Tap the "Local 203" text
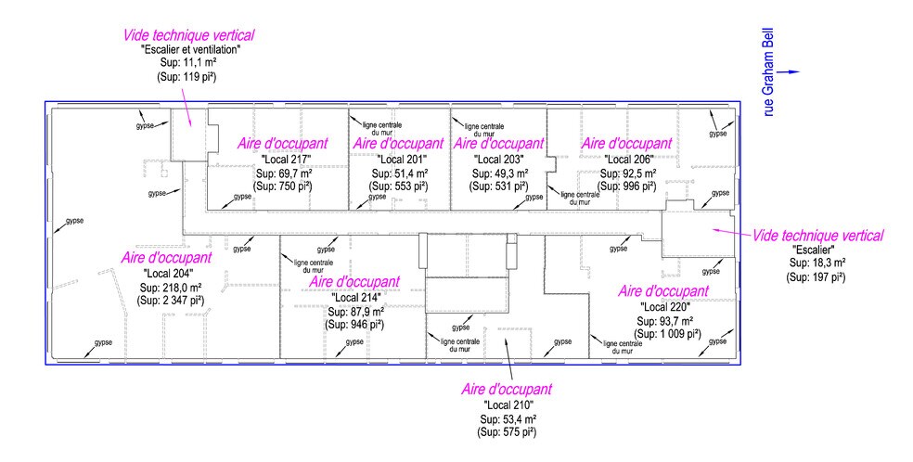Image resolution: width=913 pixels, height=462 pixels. click(499, 159)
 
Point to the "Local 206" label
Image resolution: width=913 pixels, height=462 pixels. click(628, 159)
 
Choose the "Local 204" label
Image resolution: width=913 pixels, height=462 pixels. click(168, 273)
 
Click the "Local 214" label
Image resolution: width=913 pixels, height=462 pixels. click(355, 297)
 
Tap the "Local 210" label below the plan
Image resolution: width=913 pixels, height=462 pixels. click(508, 405)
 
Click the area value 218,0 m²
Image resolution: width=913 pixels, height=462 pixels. click(180, 287)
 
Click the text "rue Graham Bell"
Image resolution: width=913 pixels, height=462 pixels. click(769, 71)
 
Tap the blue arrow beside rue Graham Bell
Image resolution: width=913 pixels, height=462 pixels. click(790, 72)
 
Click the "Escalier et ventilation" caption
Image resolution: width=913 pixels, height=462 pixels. click(191, 50)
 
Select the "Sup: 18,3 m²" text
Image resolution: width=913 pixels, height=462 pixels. click(816, 263)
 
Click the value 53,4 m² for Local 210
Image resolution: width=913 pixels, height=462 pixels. click(520, 419)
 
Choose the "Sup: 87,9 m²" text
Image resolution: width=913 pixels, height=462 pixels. click(354, 311)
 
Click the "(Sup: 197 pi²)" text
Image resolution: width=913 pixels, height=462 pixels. click(816, 277)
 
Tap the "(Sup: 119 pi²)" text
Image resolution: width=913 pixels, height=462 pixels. click(186, 77)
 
